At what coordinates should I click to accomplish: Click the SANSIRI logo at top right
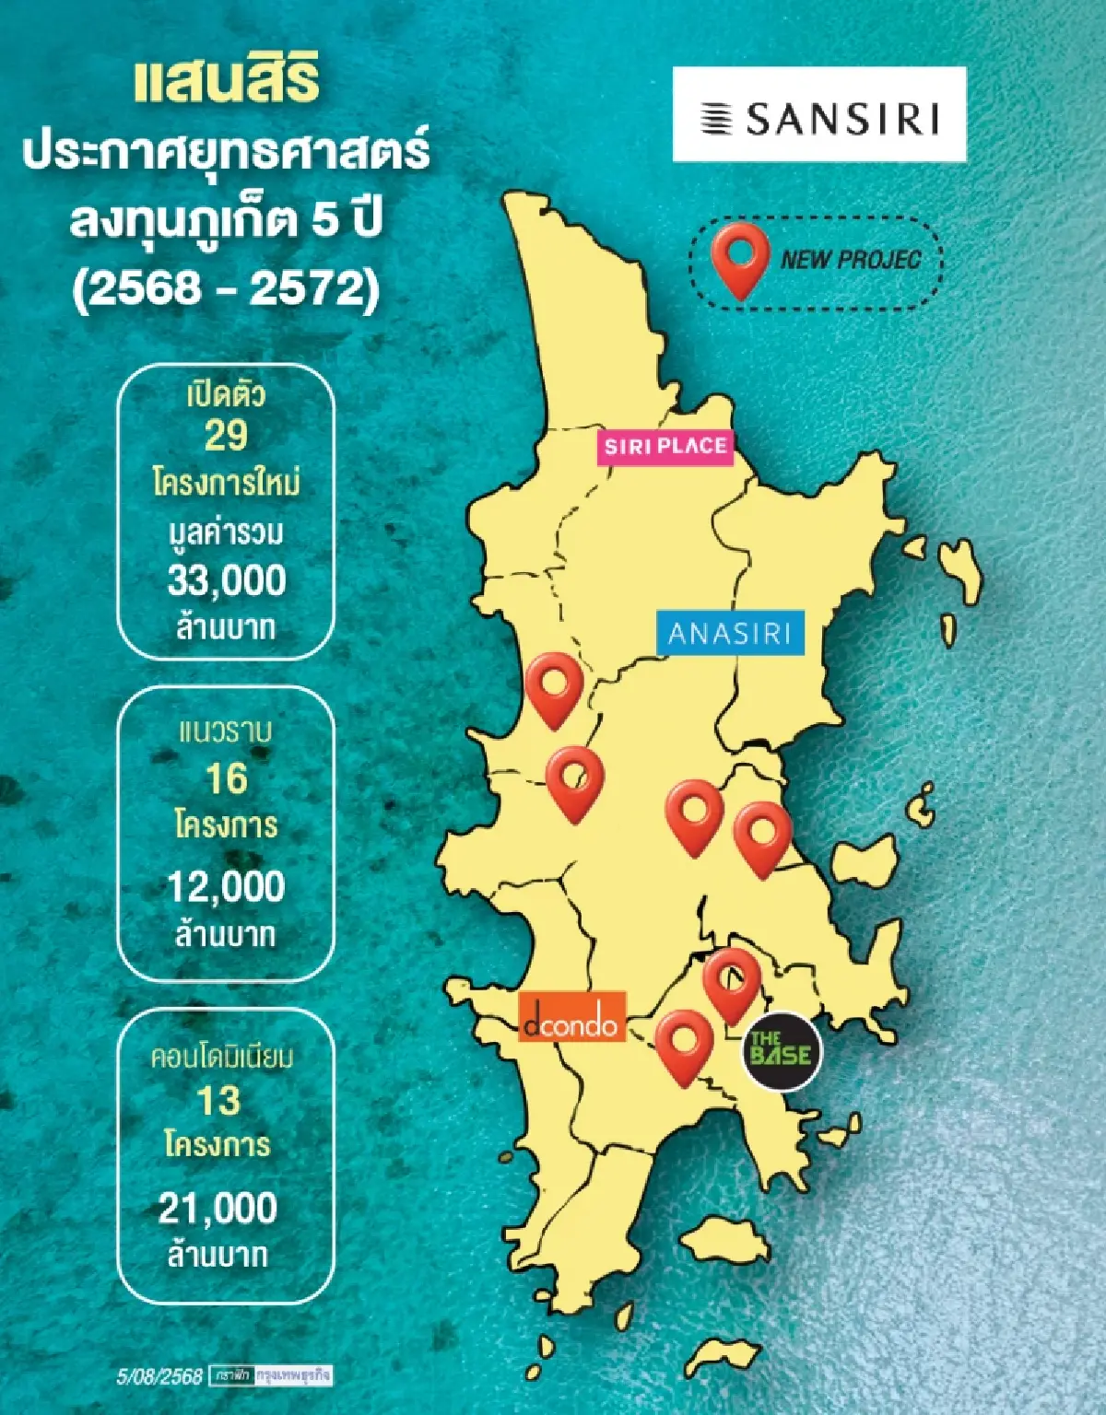(x=818, y=115)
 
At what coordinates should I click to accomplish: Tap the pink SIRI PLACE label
(x=665, y=447)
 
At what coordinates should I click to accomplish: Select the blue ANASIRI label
(x=730, y=634)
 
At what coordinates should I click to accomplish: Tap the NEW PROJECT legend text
(x=850, y=259)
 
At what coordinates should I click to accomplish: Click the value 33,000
(x=227, y=580)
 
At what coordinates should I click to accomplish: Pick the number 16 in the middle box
(x=226, y=779)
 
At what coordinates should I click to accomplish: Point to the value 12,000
(x=226, y=886)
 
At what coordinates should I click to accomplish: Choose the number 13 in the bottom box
(x=218, y=1101)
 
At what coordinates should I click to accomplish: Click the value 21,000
(x=218, y=1208)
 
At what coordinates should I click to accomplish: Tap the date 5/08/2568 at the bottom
(x=159, y=1376)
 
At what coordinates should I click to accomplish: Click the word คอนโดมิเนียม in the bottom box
(x=221, y=1057)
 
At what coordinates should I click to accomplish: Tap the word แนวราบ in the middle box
(x=225, y=731)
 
